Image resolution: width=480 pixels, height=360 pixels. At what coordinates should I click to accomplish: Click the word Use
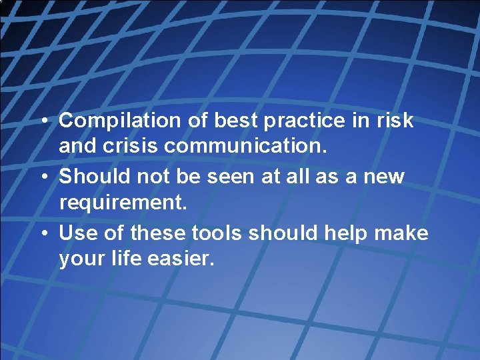pyautogui.click(x=75, y=233)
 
